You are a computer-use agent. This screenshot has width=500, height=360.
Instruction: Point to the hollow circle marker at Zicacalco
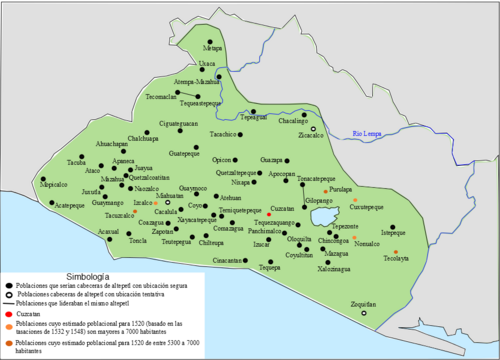point(312,129)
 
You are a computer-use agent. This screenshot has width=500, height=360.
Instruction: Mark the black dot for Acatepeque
point(58,200)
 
